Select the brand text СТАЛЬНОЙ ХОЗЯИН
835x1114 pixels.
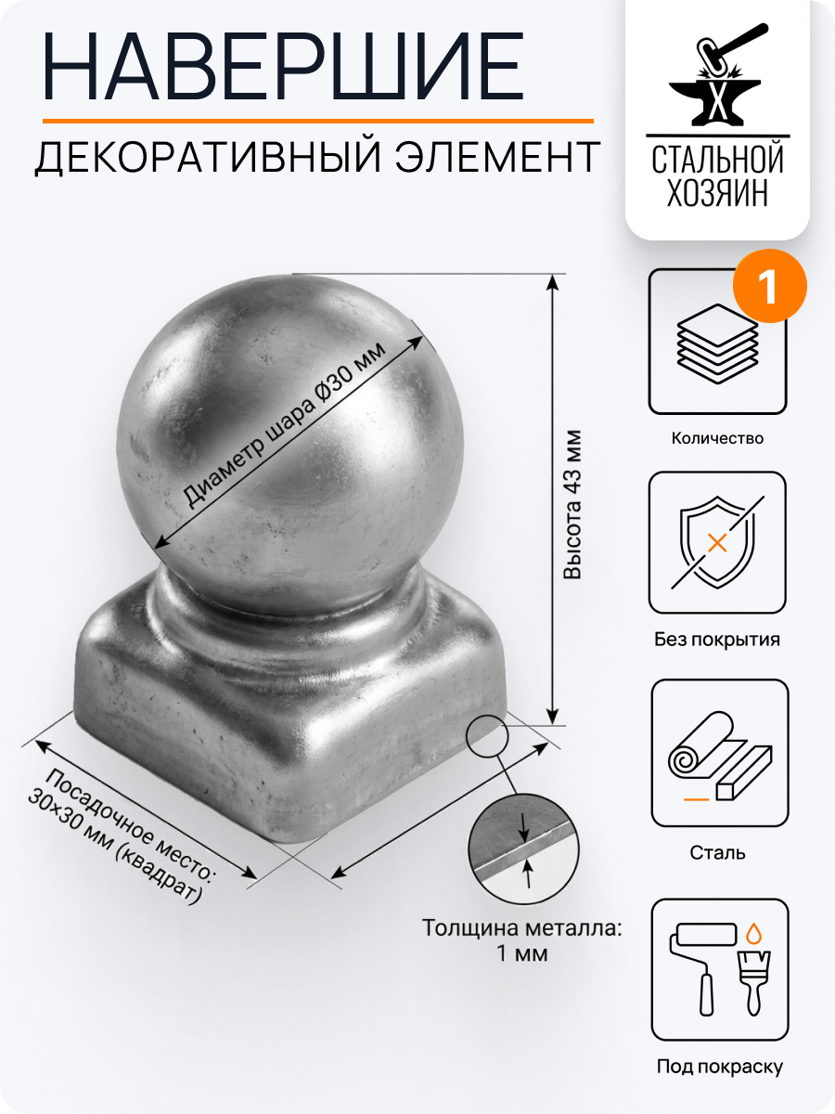click(x=717, y=175)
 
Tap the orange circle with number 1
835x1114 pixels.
click(x=769, y=283)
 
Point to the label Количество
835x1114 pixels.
click(x=717, y=438)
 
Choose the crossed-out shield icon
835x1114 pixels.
click(x=717, y=543)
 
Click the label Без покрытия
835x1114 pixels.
click(x=717, y=640)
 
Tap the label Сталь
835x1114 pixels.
click(x=718, y=852)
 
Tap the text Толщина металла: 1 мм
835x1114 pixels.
click(x=521, y=939)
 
